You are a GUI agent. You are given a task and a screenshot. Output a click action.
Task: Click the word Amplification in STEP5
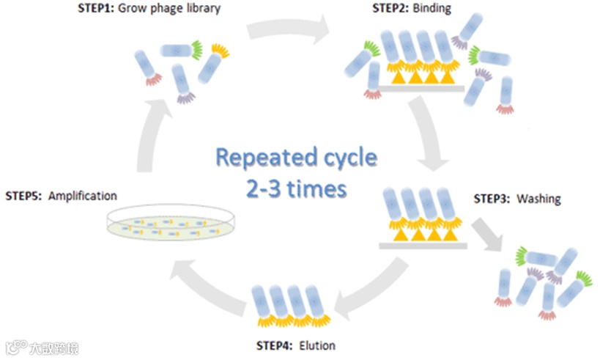click(82, 196)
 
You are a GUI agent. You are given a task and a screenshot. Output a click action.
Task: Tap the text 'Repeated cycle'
click(296, 158)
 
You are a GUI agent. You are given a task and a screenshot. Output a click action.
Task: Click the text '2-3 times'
click(296, 188)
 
